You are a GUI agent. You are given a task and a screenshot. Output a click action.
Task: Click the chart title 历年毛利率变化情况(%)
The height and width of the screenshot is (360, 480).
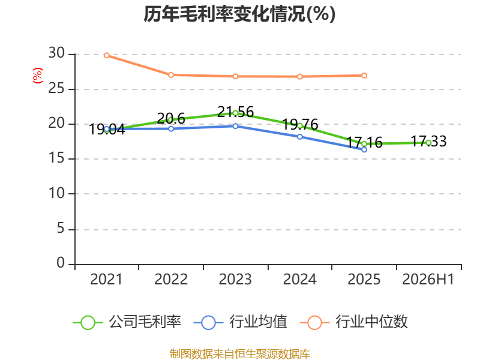[239, 14]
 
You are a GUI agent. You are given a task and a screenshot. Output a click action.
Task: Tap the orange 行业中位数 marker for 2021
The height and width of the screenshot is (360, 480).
[107, 55]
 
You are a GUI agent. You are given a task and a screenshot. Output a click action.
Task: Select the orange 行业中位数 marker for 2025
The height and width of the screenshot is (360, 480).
[364, 76]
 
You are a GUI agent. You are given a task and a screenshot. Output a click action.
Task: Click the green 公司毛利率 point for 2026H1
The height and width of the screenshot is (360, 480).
[428, 143]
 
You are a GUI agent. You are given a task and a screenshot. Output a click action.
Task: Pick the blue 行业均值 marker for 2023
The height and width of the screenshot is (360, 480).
[235, 126]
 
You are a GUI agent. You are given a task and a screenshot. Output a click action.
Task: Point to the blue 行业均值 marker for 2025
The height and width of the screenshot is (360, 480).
[364, 149]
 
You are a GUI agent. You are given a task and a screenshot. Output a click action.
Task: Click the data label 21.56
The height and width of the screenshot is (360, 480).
[235, 112]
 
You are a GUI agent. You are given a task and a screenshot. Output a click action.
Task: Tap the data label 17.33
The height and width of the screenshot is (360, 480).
[428, 142]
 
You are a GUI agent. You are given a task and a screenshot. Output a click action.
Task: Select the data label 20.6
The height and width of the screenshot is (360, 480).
[171, 118]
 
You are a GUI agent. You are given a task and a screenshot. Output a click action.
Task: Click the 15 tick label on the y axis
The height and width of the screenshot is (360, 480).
[56, 158]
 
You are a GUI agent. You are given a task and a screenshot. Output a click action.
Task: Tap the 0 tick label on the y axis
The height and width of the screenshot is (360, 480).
[61, 263]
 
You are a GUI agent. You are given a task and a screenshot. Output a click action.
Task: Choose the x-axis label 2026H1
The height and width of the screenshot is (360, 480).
[428, 280]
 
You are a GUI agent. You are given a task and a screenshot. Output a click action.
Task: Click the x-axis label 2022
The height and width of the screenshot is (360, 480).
[171, 280]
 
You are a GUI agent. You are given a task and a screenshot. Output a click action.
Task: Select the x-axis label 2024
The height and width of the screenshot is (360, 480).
[299, 280]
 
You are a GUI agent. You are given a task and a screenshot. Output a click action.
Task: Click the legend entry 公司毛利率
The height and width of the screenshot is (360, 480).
[127, 322]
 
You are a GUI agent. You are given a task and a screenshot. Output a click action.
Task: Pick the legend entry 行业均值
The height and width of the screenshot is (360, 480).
[241, 322]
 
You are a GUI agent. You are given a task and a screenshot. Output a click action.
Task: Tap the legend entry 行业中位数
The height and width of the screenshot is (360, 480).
[354, 322]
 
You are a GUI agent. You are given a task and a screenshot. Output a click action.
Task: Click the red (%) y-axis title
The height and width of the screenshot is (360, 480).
[38, 76]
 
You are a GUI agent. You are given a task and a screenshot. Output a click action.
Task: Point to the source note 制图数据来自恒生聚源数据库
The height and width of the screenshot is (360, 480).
[240, 354]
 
